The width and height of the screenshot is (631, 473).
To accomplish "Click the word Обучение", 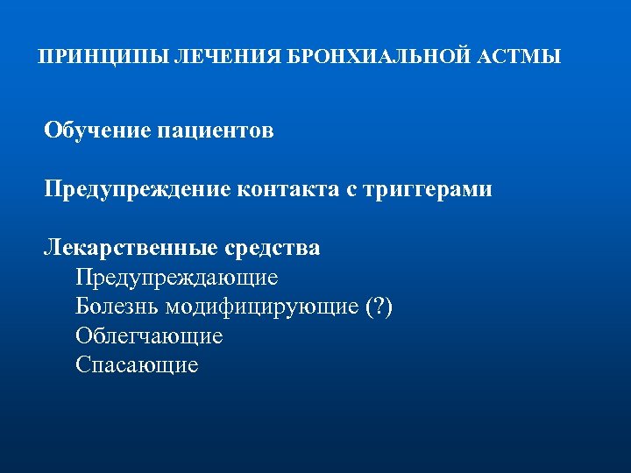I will pos(97,131).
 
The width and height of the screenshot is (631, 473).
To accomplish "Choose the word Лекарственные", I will pos(131,248).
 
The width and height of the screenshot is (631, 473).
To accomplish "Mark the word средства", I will pos(273,248).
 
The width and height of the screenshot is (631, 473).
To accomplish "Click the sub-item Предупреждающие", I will pos(176,278).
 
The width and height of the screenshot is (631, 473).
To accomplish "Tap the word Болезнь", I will pos(122,307).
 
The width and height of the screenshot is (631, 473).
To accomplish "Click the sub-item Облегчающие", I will pos(149,336).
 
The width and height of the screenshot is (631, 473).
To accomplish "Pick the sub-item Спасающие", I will pos(137,365).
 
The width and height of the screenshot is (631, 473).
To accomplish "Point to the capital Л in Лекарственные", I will pos(52,248).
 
